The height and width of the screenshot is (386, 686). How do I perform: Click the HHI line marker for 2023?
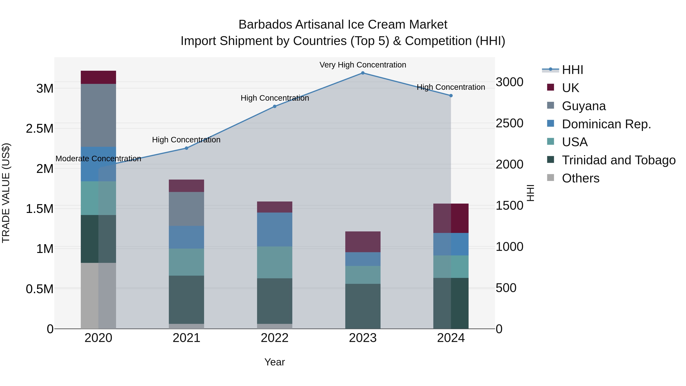click(x=363, y=73)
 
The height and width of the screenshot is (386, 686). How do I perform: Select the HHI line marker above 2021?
click(x=186, y=148)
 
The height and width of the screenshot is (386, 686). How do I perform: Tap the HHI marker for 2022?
click(x=275, y=106)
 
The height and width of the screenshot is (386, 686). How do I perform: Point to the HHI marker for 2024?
click(x=451, y=96)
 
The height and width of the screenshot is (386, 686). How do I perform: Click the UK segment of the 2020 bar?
click(x=98, y=77)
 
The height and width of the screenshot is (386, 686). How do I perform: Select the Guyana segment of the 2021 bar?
click(x=186, y=209)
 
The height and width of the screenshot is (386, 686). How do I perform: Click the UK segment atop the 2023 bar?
click(x=363, y=242)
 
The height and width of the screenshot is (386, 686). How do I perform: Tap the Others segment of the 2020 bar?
click(x=98, y=296)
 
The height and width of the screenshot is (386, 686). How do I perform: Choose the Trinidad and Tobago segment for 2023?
click(x=363, y=306)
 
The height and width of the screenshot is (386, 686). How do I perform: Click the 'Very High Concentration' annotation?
click(x=363, y=65)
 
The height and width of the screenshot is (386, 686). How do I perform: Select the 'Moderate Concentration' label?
click(x=98, y=159)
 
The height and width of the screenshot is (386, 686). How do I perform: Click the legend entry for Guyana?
click(x=583, y=106)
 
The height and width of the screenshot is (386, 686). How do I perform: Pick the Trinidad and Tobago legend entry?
click(x=618, y=160)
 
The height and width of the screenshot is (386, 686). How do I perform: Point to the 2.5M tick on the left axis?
click(x=40, y=129)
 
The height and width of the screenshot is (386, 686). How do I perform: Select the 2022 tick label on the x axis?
click(x=275, y=338)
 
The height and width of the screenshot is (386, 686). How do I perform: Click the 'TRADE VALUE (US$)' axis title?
click(x=6, y=193)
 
